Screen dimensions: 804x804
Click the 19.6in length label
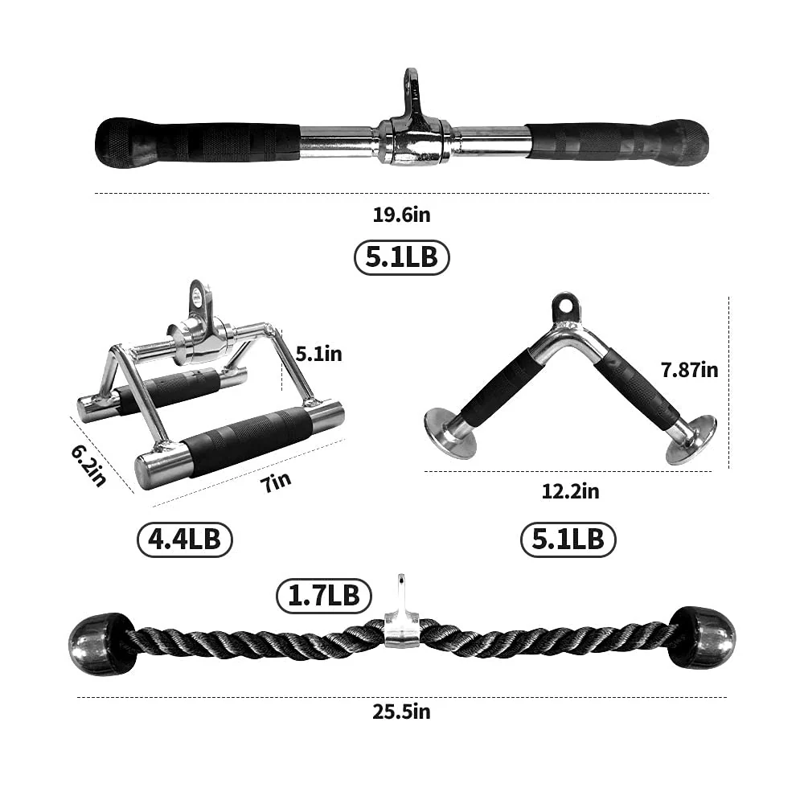coord(401,215)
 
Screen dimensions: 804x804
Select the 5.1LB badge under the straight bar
coord(401,257)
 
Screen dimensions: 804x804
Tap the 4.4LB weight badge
coord(184,539)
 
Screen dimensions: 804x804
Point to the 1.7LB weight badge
coord(324,595)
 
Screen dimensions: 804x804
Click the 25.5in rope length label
coord(401,712)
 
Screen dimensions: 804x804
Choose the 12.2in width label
coord(570,490)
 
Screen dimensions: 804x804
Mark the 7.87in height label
coord(689,370)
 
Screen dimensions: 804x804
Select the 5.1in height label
coord(319,353)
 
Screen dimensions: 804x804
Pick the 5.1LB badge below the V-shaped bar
coord(568,539)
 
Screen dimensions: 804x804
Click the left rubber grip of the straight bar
coord(197,141)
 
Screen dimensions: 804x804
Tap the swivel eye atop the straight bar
coord(412,88)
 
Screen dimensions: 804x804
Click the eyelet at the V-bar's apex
coord(565,307)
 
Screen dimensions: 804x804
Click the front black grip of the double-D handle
coord(245,440)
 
